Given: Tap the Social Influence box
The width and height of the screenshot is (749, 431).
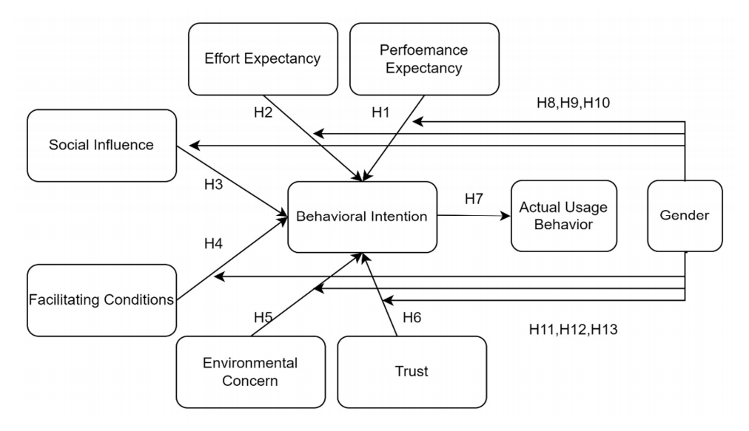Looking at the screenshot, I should (x=101, y=145).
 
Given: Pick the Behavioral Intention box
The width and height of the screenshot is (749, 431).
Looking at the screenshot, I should (x=362, y=217).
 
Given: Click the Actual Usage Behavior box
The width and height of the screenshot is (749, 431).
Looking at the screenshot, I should (x=563, y=216).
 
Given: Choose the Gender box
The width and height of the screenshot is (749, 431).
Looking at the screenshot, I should (x=685, y=216).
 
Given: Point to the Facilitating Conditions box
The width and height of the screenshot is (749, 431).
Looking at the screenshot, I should (x=101, y=299).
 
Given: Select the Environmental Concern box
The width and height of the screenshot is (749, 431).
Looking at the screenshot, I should (x=250, y=371).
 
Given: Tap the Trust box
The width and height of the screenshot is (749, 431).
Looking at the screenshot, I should (x=412, y=371).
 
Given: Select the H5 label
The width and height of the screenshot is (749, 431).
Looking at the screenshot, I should (x=263, y=318).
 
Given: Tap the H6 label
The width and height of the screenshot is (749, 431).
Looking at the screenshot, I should (x=412, y=318).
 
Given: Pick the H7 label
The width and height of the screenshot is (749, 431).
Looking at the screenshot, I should (x=474, y=199).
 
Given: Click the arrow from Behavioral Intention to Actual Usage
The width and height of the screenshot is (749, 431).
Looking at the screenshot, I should (x=474, y=217).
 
